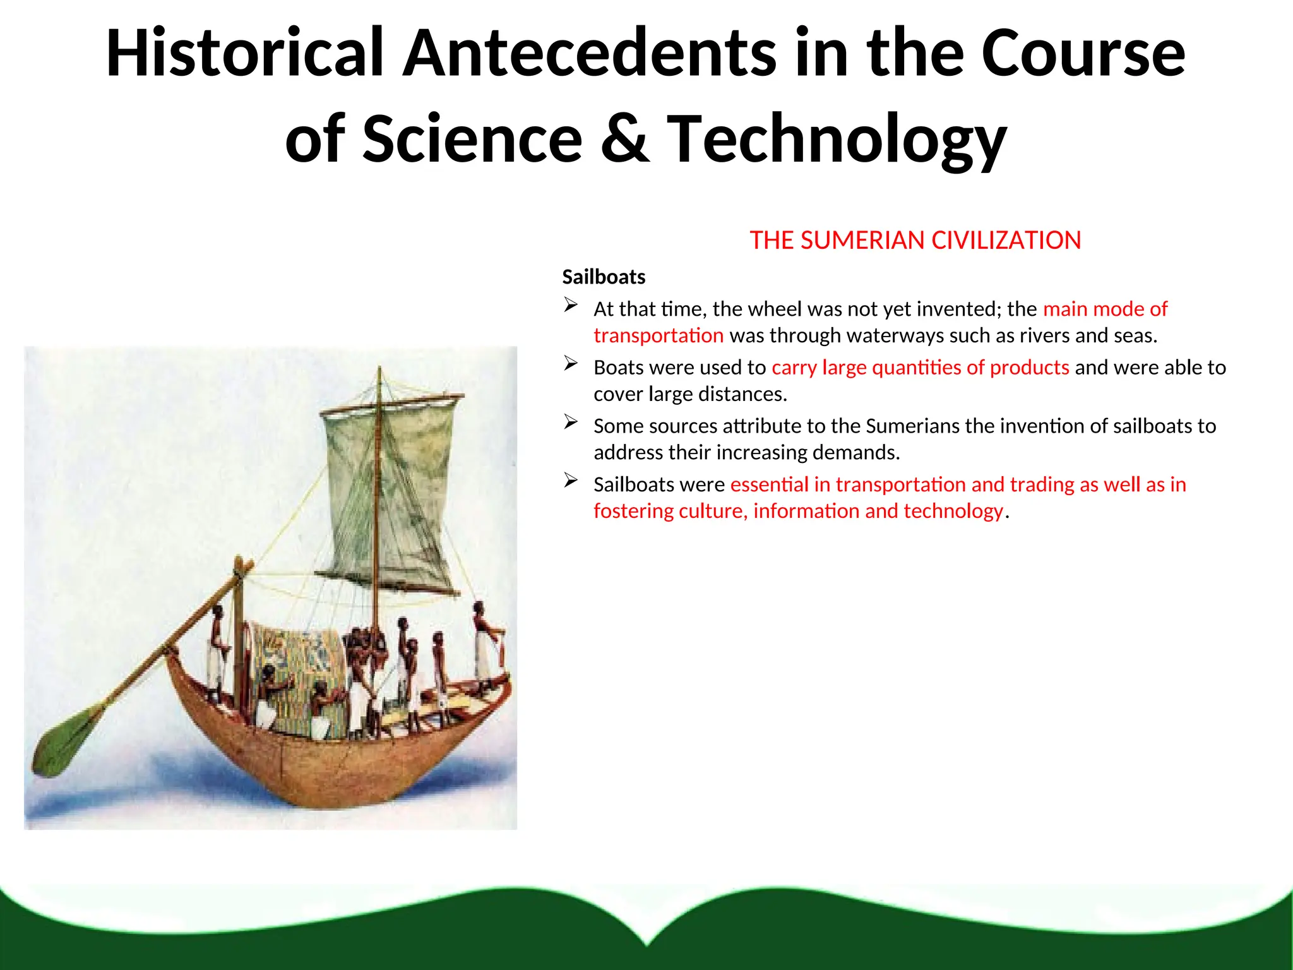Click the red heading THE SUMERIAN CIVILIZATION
tap(915, 241)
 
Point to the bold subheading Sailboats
tap(604, 277)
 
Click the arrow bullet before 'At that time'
tap(571, 306)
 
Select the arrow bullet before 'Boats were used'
tap(571, 364)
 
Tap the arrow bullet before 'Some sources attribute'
tap(571, 422)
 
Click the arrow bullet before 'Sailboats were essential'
tap(571, 481)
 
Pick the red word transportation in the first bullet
tap(658, 335)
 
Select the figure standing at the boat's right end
tap(485, 644)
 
